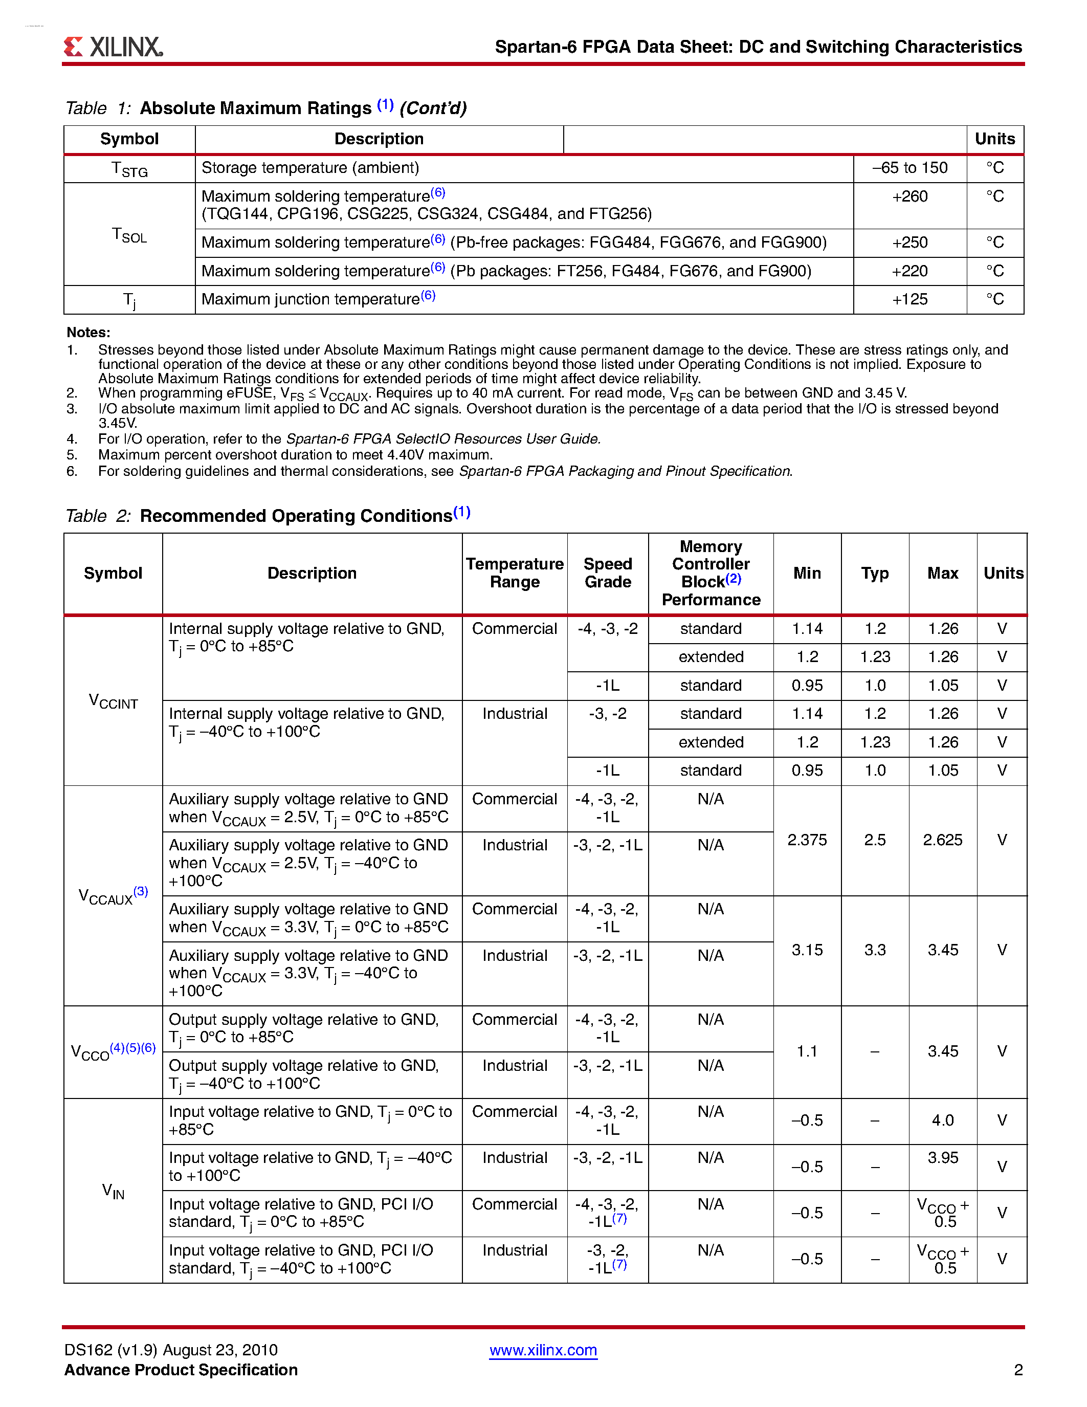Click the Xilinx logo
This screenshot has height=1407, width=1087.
(x=114, y=47)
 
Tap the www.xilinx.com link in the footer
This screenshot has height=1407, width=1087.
(x=543, y=1350)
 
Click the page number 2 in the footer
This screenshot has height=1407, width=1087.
(x=1018, y=1370)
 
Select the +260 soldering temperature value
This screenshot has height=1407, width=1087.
(x=909, y=196)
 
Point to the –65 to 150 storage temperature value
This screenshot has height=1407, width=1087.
(x=909, y=168)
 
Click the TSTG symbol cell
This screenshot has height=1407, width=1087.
(x=129, y=169)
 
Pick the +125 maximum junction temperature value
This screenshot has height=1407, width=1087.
(x=909, y=300)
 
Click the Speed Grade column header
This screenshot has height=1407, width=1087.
(x=607, y=573)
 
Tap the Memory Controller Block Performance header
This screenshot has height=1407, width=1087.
(x=711, y=573)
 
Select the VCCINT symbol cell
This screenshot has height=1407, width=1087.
(x=114, y=701)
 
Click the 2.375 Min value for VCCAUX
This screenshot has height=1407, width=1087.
(x=807, y=840)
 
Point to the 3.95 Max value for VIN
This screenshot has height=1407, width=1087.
(x=943, y=1158)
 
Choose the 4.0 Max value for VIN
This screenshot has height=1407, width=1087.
(x=943, y=1120)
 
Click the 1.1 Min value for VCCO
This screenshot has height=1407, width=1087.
(x=807, y=1051)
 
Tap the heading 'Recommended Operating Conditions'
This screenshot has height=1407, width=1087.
(x=296, y=516)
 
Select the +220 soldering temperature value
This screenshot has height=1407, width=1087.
(x=909, y=271)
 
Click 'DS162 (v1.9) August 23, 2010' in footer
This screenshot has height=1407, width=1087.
(x=171, y=1350)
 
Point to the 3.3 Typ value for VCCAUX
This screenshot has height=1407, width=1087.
(x=875, y=950)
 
